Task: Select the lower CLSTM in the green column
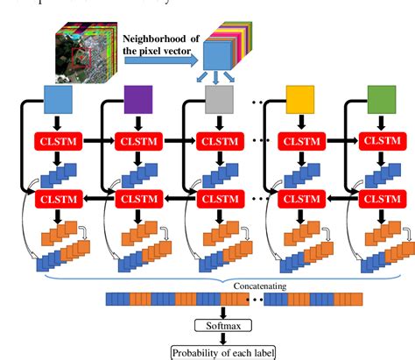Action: [379, 201]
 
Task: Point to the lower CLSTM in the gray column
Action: [219, 201]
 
